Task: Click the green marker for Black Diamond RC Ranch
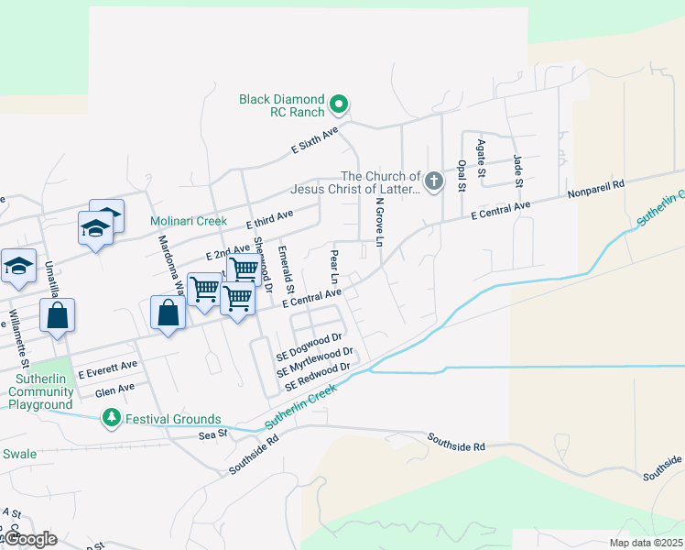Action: (339, 104)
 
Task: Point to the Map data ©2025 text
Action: (646, 543)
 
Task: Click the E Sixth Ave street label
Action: (314, 139)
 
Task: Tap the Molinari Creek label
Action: (189, 221)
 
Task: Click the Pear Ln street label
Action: (334, 266)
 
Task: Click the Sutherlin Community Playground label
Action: (41, 398)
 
